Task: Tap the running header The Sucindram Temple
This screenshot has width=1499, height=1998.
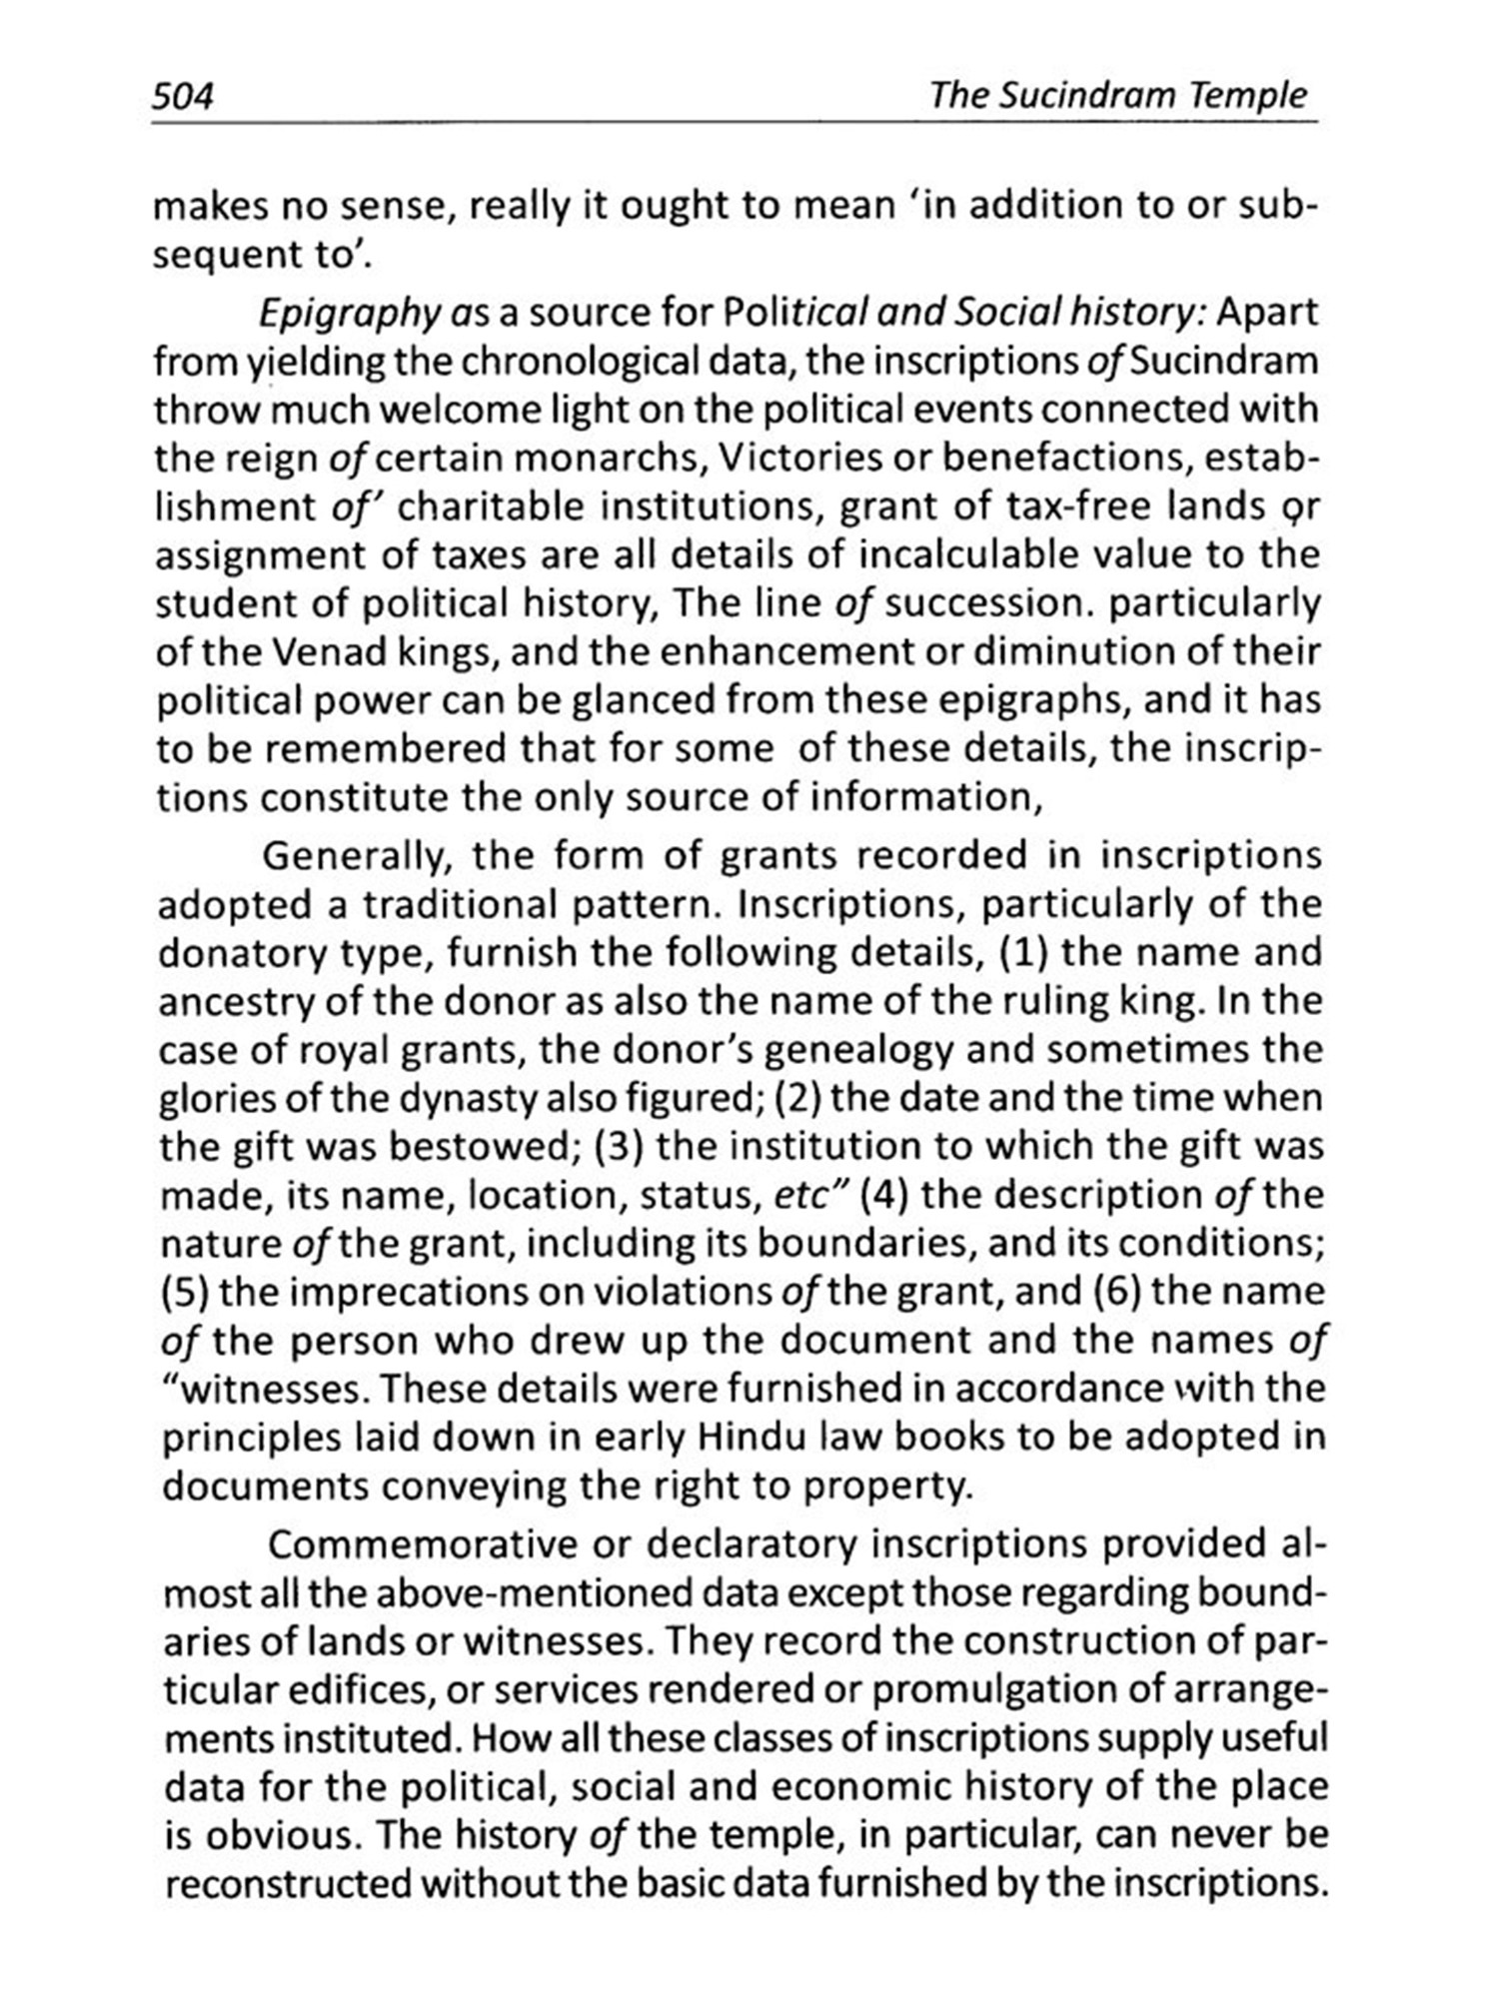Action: click(x=1117, y=96)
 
